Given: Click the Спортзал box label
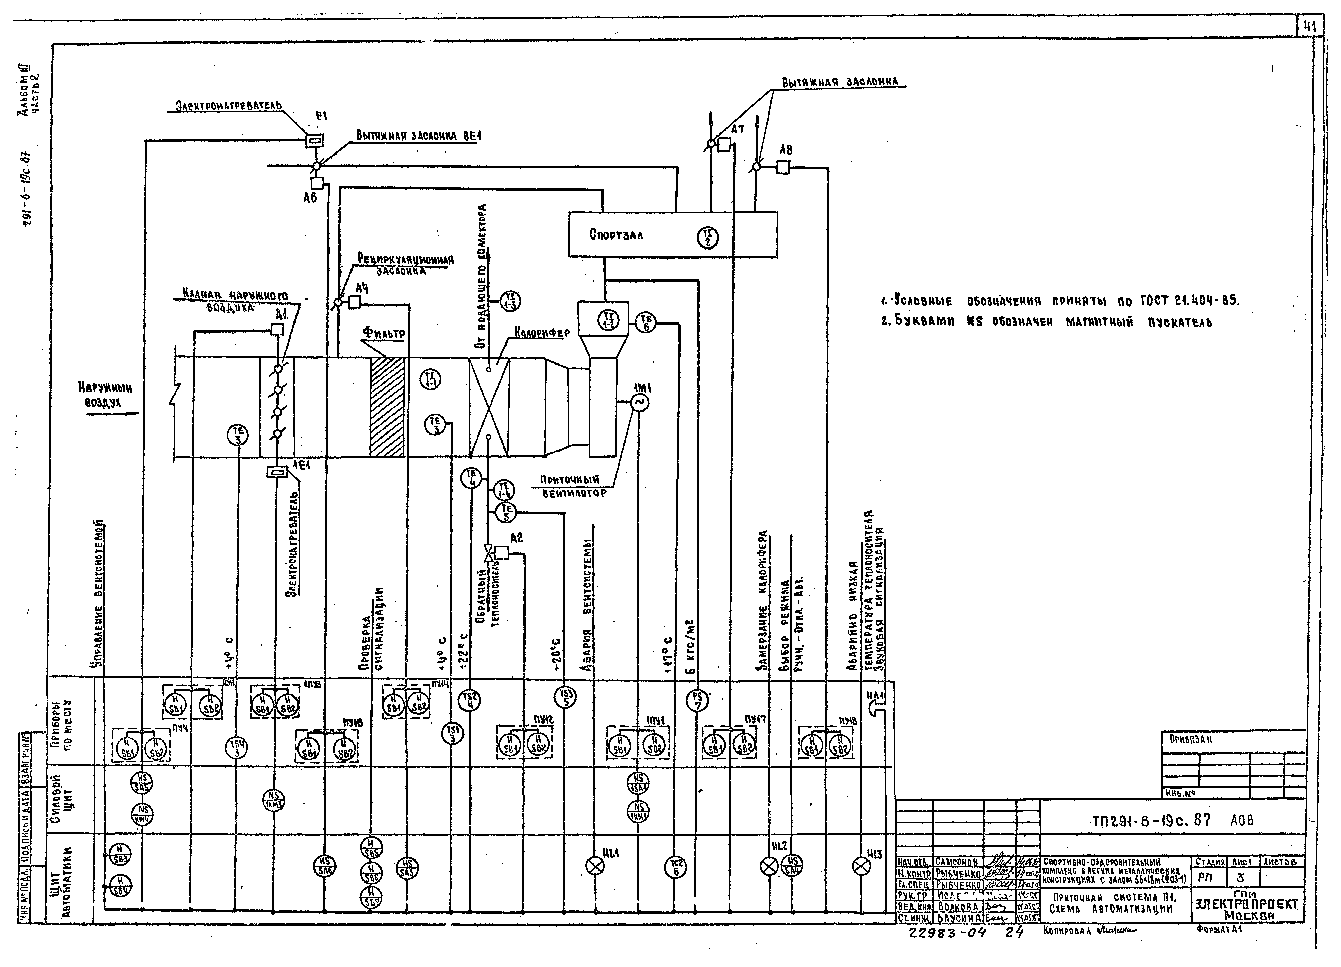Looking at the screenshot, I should [616, 235].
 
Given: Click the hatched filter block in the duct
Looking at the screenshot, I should [387, 407].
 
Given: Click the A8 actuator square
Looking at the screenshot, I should [783, 168].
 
